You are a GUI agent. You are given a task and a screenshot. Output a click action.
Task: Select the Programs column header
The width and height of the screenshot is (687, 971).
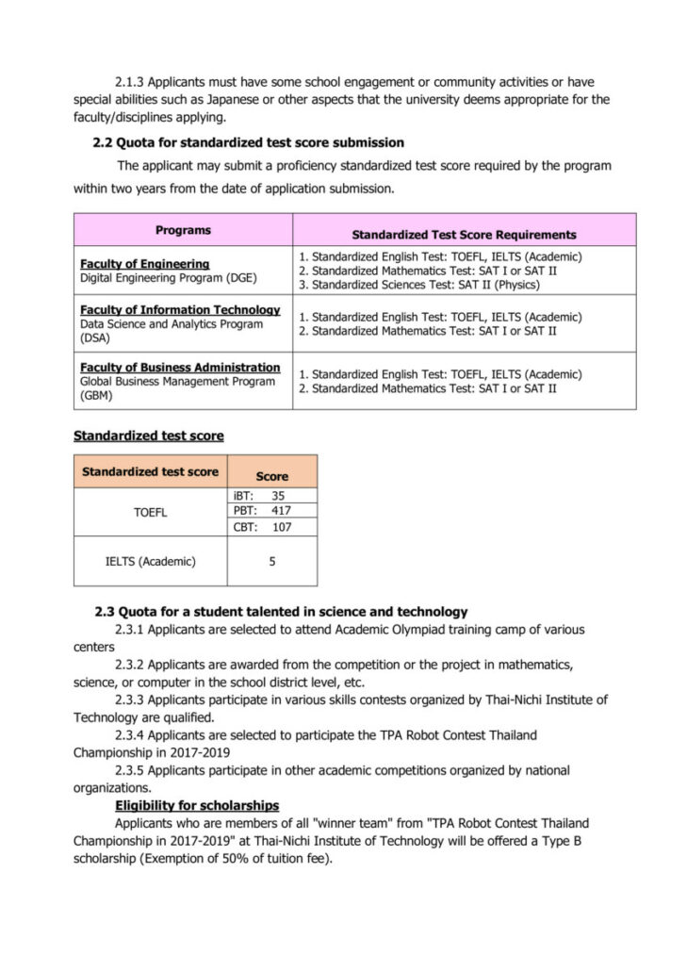click(183, 230)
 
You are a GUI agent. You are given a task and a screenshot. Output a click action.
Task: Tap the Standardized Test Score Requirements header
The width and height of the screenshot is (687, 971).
click(464, 235)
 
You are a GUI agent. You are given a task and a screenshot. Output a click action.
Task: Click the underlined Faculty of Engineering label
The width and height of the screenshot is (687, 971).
click(144, 264)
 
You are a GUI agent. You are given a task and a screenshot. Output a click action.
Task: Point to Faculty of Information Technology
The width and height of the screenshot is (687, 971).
click(180, 309)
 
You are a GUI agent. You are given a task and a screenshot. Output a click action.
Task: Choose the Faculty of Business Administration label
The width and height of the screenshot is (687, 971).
click(180, 367)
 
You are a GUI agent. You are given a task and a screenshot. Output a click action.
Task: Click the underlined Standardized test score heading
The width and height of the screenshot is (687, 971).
click(148, 436)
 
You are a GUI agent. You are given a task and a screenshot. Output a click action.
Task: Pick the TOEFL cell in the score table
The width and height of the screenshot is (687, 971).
click(150, 512)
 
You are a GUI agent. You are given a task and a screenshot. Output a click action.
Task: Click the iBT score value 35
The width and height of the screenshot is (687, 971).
click(278, 495)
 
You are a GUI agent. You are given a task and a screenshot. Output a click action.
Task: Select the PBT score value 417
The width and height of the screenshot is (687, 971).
click(280, 511)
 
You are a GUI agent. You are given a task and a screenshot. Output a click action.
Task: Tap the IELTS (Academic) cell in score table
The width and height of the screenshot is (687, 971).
click(150, 562)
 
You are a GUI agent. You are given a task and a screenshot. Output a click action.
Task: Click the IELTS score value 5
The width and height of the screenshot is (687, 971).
click(271, 562)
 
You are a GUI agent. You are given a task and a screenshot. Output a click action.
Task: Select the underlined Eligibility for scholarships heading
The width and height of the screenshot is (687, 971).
click(196, 805)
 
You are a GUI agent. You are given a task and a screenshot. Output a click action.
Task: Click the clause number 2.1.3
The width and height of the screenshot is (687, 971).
click(130, 83)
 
